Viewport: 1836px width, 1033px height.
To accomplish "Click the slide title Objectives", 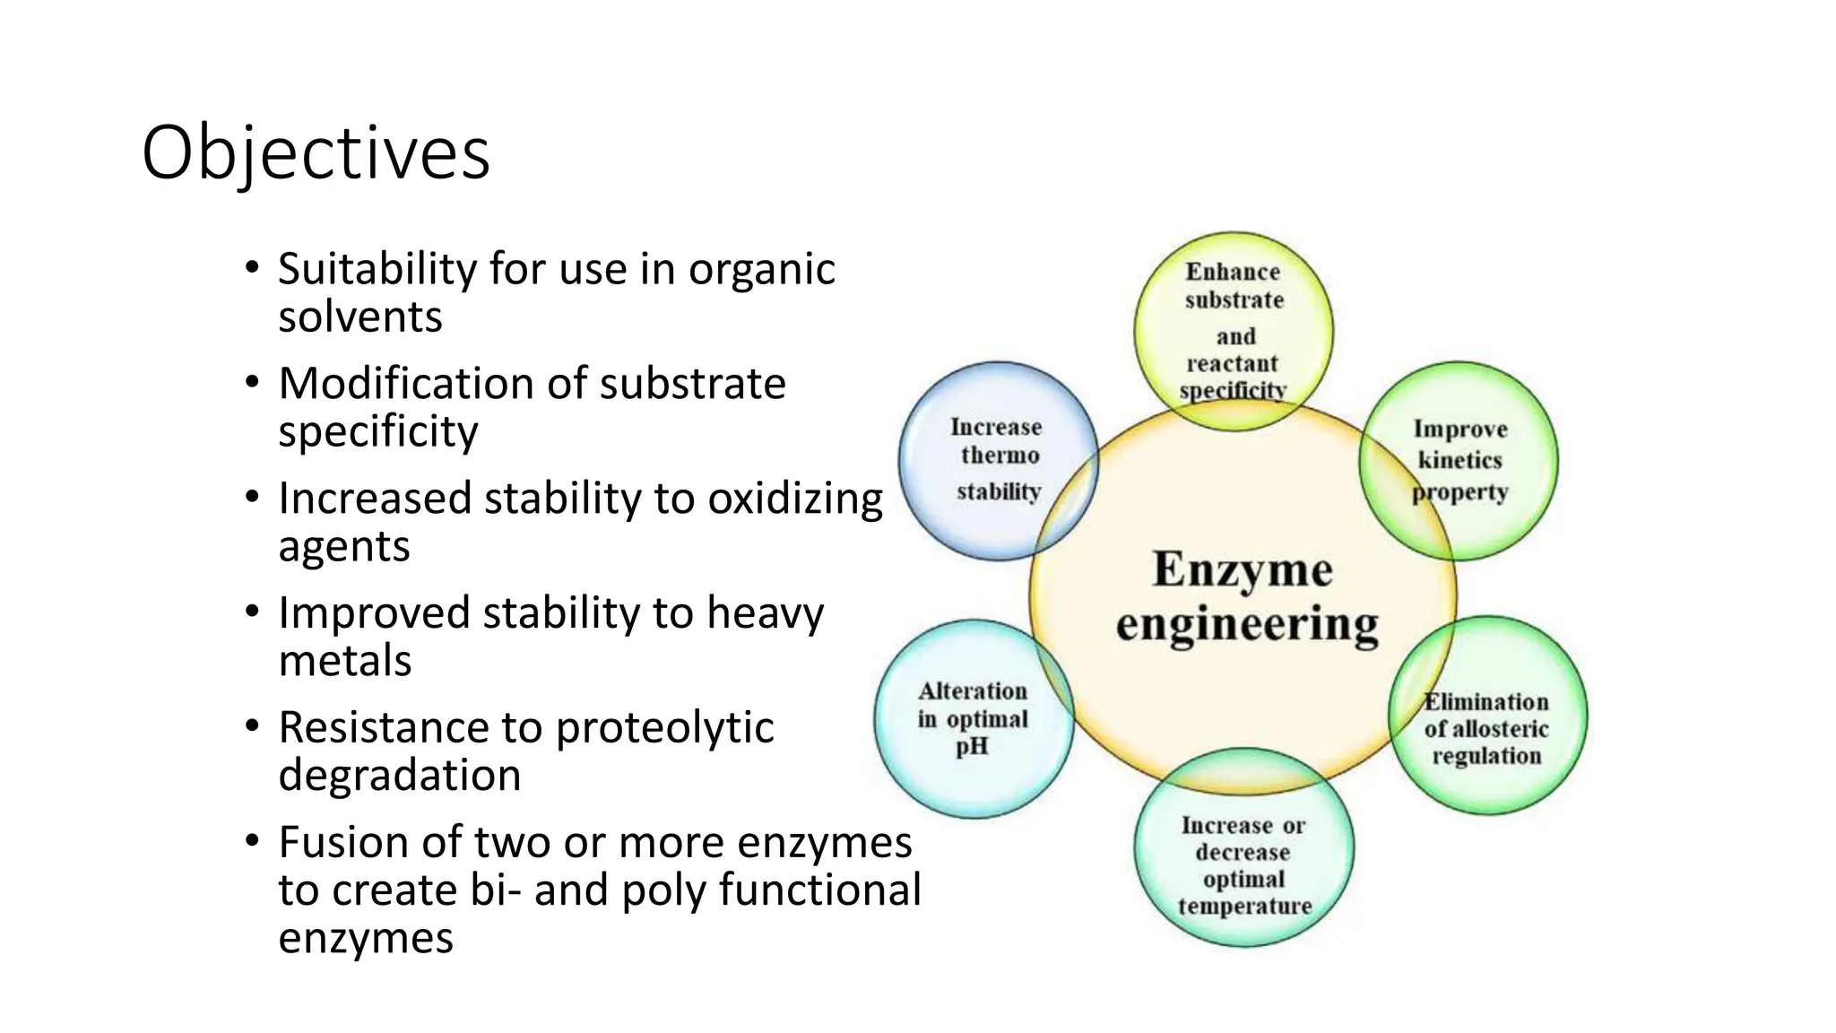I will click(316, 153).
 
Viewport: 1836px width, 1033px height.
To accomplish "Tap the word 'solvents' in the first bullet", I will click(360, 317).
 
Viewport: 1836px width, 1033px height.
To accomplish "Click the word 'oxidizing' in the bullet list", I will click(795, 499).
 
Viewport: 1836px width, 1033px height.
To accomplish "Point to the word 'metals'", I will click(345, 661).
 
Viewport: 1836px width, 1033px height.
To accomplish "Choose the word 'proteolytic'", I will click(664, 727).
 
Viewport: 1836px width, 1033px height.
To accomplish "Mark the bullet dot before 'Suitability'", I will click(252, 267).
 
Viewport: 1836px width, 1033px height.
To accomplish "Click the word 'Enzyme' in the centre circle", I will click(1243, 569).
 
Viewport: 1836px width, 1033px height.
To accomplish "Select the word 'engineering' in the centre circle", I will click(1247, 624).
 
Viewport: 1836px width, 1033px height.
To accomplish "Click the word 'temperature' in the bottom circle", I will click(1244, 907).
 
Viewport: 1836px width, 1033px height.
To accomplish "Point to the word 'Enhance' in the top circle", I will click(1233, 272).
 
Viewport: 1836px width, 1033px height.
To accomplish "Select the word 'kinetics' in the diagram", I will click(1459, 460).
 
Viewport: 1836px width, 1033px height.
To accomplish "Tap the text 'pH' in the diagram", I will click(972, 746).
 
